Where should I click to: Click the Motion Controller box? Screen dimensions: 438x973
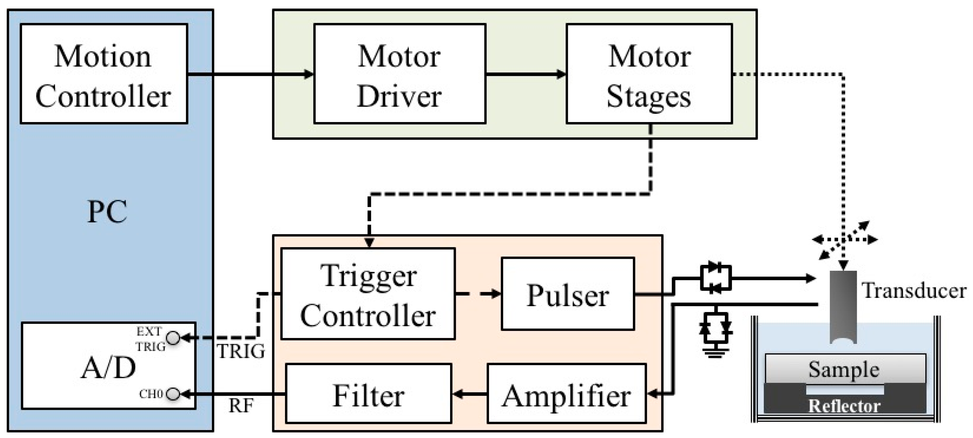point(104,74)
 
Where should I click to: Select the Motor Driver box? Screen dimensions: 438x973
point(399,74)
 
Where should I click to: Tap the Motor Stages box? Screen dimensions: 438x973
point(649,74)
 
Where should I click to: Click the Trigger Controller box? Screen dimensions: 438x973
point(368,294)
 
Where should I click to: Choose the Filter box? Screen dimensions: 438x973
point(368,394)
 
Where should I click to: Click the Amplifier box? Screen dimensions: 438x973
point(567,394)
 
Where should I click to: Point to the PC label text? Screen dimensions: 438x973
point(107,212)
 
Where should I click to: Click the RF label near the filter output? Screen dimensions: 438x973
point(241,406)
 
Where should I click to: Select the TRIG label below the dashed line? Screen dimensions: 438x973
point(241,351)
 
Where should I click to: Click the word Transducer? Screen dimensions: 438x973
point(913,291)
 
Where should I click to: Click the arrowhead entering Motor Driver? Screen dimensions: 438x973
point(309,74)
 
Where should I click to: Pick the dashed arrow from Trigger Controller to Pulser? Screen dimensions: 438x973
point(478,294)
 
